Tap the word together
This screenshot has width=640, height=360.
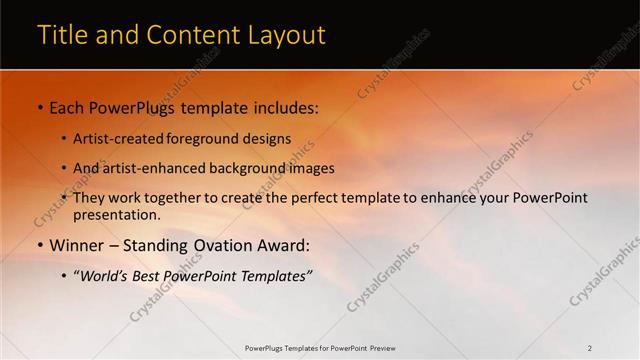[175, 198]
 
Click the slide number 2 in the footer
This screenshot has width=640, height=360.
[589, 348]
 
